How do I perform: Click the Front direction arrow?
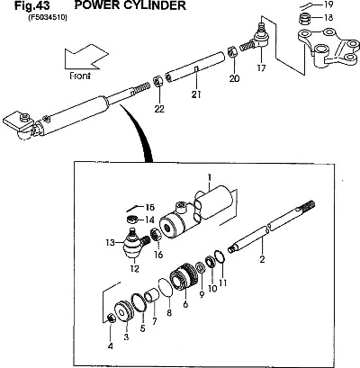click(x=85, y=58)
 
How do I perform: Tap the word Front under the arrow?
click(x=80, y=76)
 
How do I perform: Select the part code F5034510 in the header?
click(x=48, y=17)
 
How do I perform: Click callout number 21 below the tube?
click(x=196, y=94)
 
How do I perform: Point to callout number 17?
click(x=261, y=68)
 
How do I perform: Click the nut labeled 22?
click(x=158, y=81)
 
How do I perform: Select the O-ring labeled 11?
click(x=220, y=257)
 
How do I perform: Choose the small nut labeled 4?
click(x=112, y=319)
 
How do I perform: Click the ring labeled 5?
click(x=139, y=302)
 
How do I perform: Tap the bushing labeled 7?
click(x=151, y=295)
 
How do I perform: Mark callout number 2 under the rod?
click(x=262, y=259)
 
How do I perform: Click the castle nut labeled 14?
click(x=131, y=219)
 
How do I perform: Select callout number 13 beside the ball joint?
click(x=110, y=242)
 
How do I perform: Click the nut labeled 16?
click(x=156, y=235)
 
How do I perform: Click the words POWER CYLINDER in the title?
click(x=130, y=5)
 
